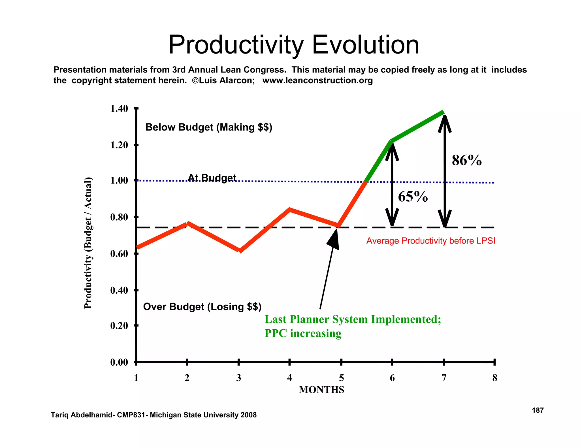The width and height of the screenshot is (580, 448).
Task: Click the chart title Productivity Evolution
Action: point(293,45)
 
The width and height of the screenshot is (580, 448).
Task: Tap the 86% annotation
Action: point(466,160)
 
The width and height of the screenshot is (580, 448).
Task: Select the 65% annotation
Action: point(413,197)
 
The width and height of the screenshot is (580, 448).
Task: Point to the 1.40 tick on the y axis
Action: point(119,109)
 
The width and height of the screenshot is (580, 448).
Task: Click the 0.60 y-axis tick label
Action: point(119,254)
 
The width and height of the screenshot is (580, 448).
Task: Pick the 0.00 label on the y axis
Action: point(119,362)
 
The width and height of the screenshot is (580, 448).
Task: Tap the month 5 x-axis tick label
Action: point(341,378)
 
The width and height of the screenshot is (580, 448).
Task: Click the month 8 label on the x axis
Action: point(494,378)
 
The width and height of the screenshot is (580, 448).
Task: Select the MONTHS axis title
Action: point(321,390)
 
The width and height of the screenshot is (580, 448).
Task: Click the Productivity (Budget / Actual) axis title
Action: point(88,243)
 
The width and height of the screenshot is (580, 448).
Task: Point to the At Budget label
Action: point(212,178)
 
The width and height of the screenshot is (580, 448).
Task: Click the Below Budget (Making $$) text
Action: point(209,127)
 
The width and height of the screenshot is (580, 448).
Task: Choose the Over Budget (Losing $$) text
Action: point(202,307)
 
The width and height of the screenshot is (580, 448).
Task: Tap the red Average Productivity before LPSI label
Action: point(431,241)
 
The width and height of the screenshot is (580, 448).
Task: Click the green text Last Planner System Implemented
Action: point(353,319)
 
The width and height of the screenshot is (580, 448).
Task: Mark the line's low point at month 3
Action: point(240,251)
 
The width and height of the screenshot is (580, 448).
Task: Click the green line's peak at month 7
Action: point(443,112)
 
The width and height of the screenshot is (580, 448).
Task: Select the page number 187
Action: point(538,410)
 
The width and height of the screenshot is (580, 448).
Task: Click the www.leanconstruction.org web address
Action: point(317,80)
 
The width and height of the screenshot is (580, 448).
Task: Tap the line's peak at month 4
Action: point(290,210)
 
